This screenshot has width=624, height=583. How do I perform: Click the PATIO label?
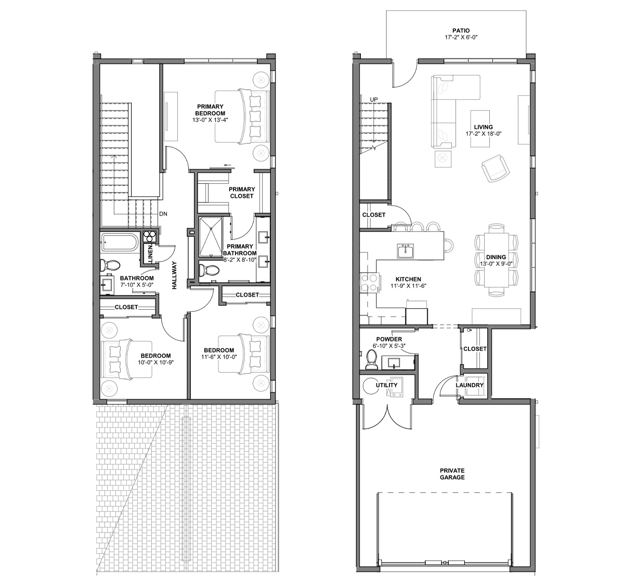click(x=461, y=31)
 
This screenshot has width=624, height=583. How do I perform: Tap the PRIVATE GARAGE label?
click(x=452, y=474)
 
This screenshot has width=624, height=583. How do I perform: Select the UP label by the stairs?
click(x=373, y=99)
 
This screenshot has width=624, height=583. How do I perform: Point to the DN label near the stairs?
click(x=163, y=214)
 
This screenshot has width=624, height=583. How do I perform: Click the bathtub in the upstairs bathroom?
click(x=120, y=242)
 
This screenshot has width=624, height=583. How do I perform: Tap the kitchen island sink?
click(x=405, y=251)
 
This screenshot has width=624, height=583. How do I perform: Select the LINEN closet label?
click(x=150, y=254)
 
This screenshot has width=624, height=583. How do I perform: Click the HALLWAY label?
click(x=174, y=275)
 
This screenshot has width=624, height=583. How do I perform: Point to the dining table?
click(x=496, y=260)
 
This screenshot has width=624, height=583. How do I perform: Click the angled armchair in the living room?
click(x=495, y=168)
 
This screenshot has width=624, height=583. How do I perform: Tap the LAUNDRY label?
click(x=470, y=385)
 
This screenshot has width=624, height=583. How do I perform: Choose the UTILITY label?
click(x=386, y=385)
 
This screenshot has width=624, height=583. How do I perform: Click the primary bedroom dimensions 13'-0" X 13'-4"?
click(x=210, y=120)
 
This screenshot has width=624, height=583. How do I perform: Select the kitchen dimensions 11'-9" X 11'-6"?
click(x=408, y=286)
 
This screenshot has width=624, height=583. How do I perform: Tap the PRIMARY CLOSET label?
click(x=242, y=193)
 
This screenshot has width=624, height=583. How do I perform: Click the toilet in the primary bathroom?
click(x=209, y=270)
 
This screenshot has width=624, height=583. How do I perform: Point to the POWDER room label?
click(x=389, y=339)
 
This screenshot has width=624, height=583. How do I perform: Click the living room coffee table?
click(x=480, y=129)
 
